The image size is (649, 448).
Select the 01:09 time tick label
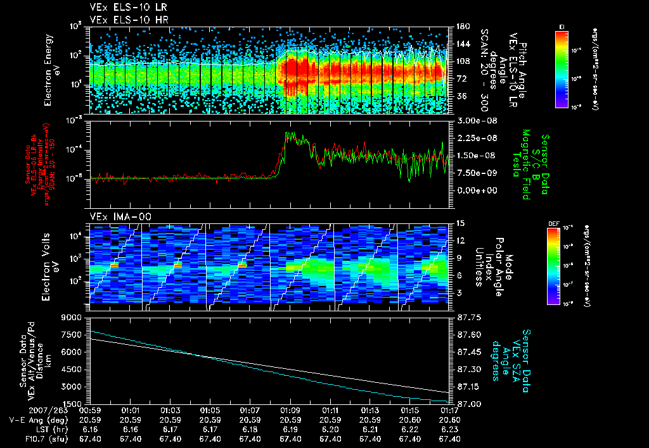[290, 410]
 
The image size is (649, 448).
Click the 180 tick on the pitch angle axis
[461, 27]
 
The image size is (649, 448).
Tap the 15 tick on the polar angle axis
[459, 223]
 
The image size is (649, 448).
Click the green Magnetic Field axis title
[525, 165]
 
